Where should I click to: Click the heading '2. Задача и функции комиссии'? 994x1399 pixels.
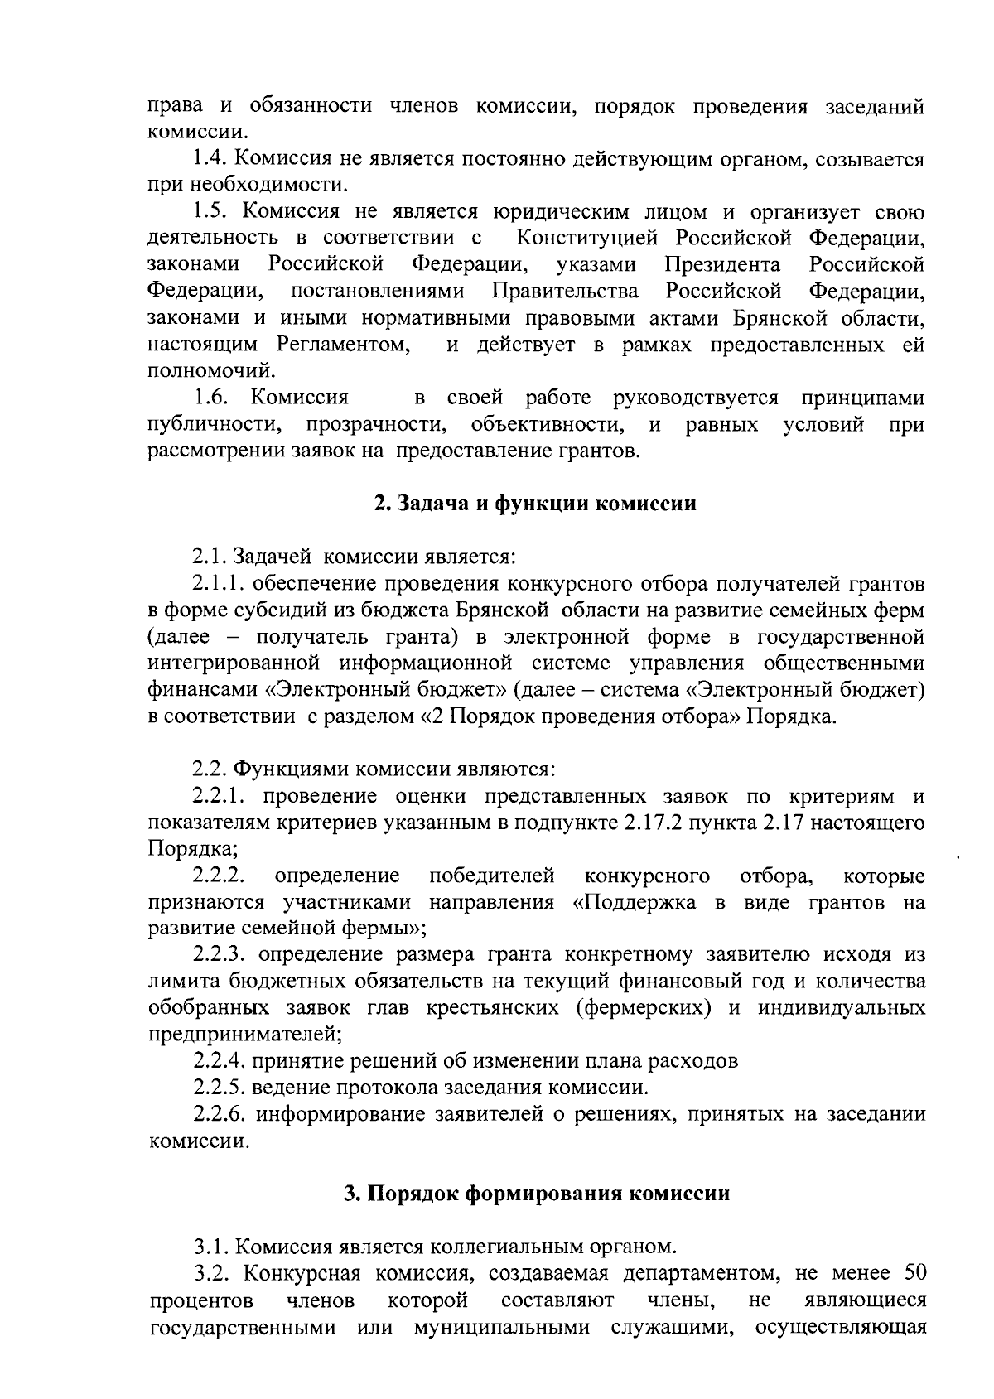click(x=535, y=504)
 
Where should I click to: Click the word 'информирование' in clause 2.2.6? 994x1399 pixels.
click(x=339, y=1114)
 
